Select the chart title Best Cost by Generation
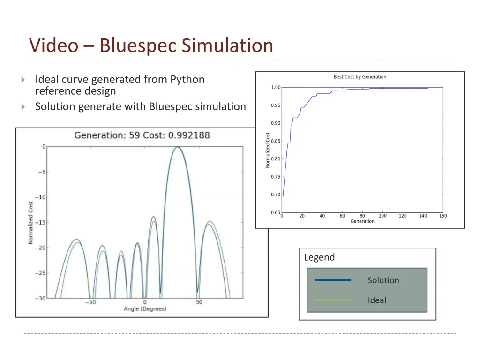pos(360,77)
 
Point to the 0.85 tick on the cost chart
pos(276,141)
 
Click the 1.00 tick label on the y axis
pos(276,88)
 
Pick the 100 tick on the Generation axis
pos(382,216)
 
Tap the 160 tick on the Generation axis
pos(443,216)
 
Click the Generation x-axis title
pos(362,221)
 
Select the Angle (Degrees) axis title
pos(145,308)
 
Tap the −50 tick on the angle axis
pos(90,302)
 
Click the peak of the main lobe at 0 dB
pos(178,147)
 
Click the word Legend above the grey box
pos(319,257)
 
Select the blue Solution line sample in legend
pos(333,280)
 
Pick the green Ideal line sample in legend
pos(333,300)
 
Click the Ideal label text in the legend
pos(376,300)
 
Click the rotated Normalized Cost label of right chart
pos(268,150)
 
